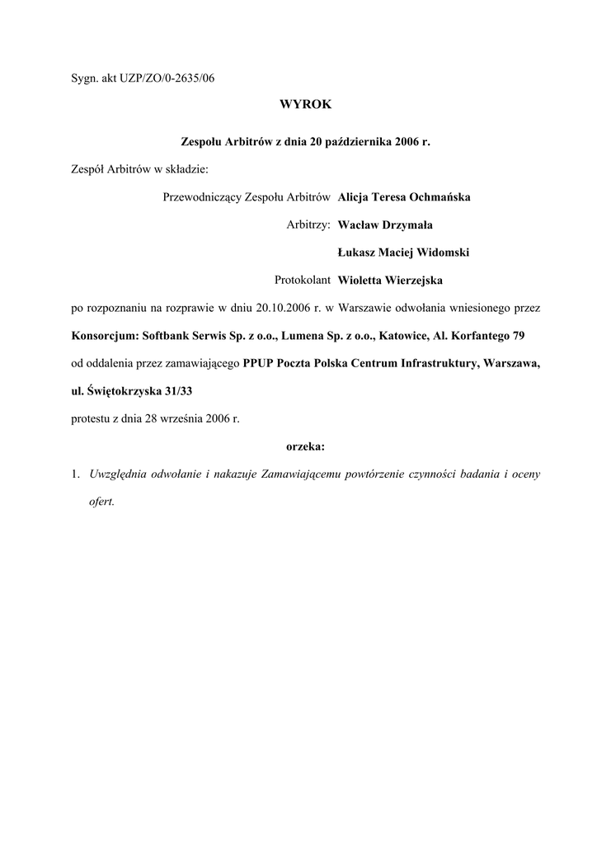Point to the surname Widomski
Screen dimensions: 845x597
coord(446,253)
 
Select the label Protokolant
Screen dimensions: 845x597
coord(303,281)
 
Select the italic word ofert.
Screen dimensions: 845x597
coord(101,503)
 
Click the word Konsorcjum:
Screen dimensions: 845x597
coord(105,336)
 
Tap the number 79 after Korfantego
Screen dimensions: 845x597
coord(515,336)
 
